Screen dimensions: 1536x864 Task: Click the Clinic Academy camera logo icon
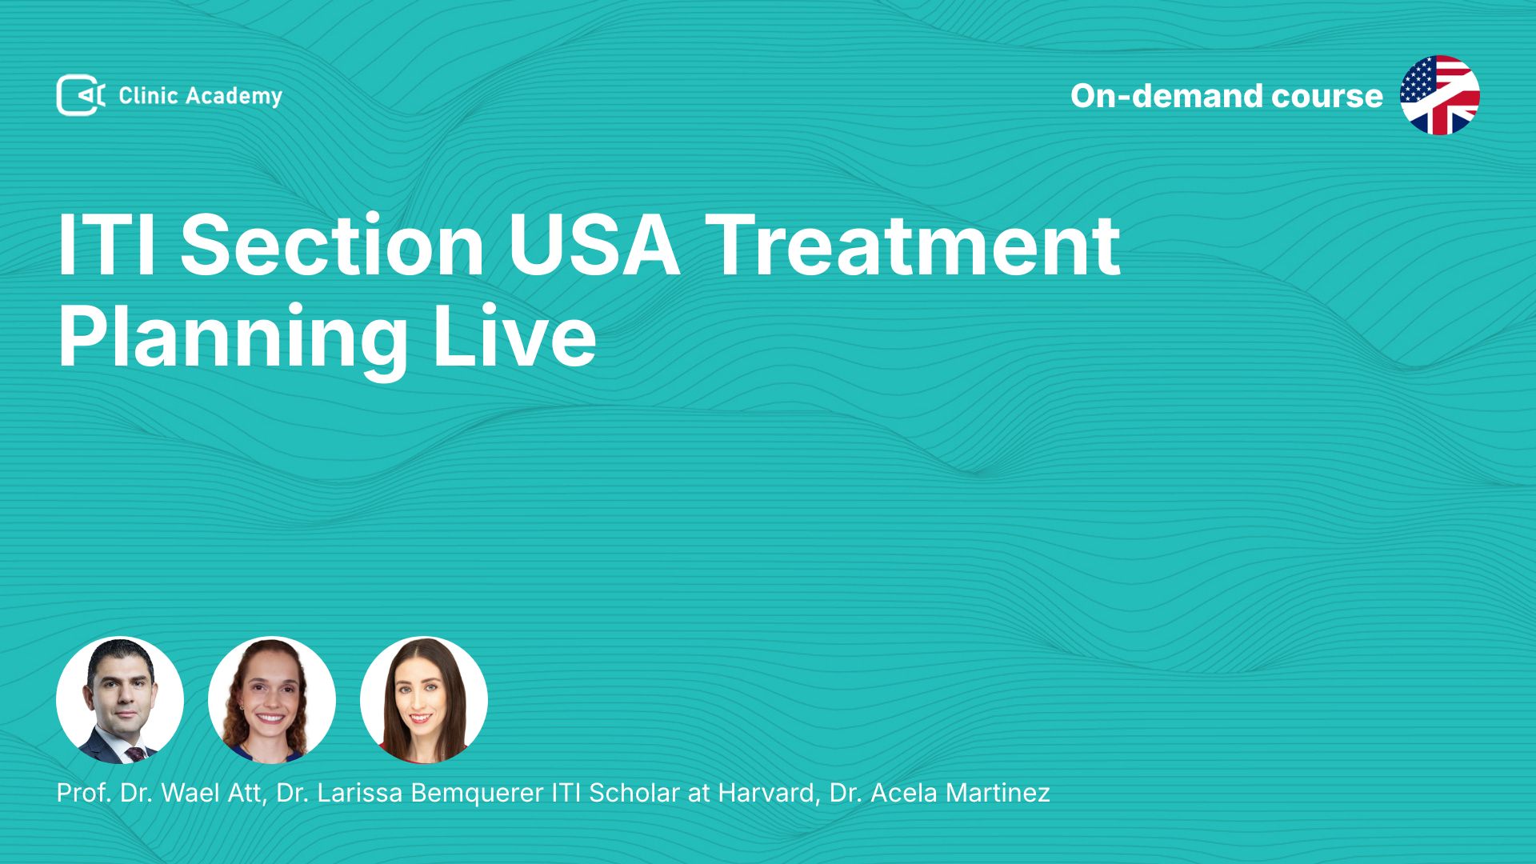(80, 95)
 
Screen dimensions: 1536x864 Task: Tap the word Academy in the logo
(234, 97)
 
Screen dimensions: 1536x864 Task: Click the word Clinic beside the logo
(148, 95)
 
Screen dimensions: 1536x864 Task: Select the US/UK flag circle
(1440, 95)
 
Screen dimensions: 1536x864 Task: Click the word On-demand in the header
(1166, 96)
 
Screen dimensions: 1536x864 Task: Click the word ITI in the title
(106, 245)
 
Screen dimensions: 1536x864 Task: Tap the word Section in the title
(332, 245)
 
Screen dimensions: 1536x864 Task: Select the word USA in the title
(594, 245)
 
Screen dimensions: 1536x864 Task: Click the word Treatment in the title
(913, 245)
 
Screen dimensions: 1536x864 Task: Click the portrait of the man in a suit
(120, 700)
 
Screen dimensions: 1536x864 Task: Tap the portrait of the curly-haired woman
(272, 700)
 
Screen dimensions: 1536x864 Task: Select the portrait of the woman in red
(424, 700)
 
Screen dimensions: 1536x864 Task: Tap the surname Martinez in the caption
(998, 793)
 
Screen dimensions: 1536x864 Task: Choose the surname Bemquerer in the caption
(477, 794)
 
